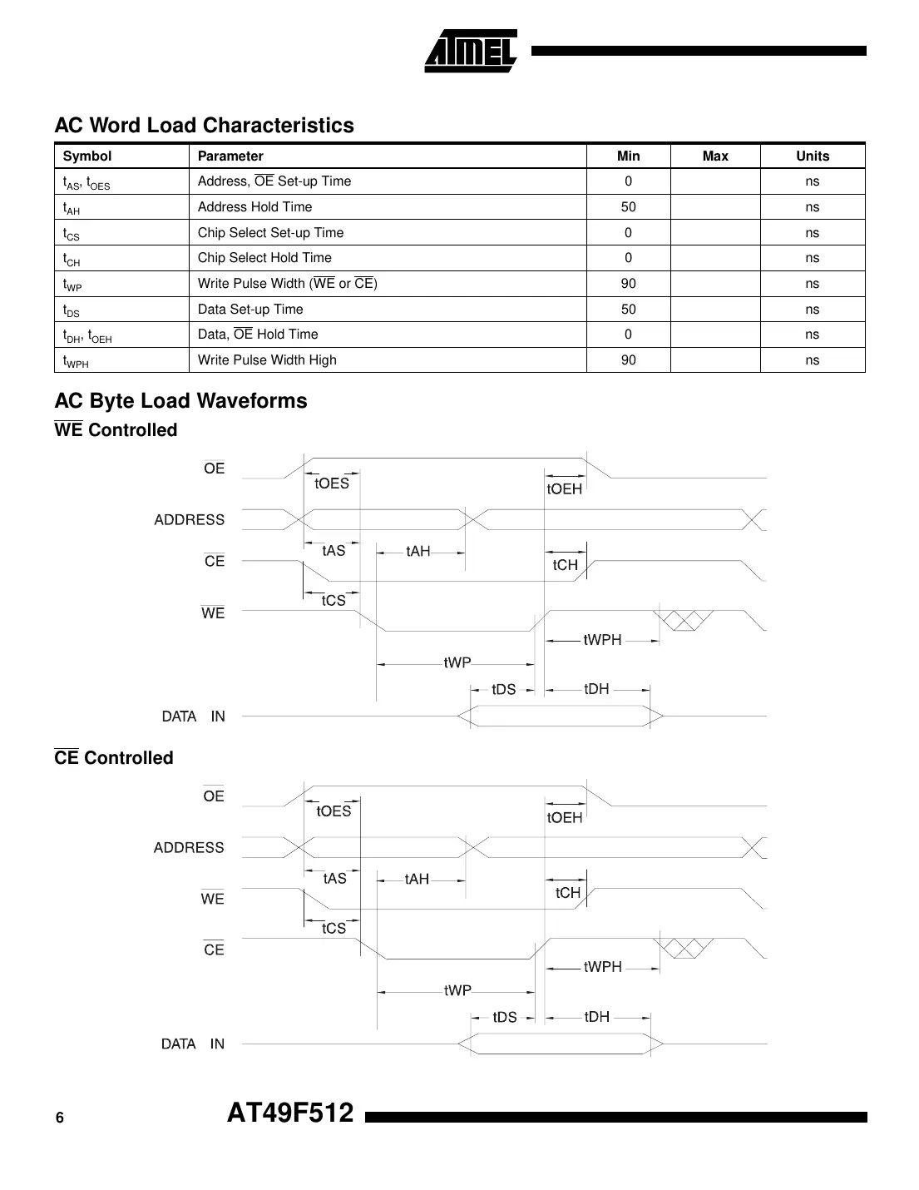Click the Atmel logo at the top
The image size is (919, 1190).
point(471,51)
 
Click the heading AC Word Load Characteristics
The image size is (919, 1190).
point(204,126)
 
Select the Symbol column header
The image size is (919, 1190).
point(86,156)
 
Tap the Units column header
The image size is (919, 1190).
point(812,156)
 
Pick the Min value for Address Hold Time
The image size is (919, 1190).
point(628,207)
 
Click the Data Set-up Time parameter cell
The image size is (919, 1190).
point(250,310)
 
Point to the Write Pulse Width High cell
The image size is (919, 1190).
point(267,360)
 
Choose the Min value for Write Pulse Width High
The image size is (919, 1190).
point(628,360)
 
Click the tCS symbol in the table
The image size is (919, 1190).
point(72,234)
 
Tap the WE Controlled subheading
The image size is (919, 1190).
point(116,430)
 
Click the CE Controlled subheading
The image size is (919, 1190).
point(114,758)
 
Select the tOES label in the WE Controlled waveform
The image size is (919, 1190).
point(332,484)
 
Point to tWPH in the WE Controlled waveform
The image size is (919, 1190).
point(602,640)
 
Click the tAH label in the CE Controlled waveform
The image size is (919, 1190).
point(417,879)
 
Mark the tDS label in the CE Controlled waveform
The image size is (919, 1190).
point(504,1017)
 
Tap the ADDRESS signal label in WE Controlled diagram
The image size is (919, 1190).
point(189,520)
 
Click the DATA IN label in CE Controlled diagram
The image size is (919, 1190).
point(193,1044)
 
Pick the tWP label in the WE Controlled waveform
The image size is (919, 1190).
point(457,663)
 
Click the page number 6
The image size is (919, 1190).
point(59,1118)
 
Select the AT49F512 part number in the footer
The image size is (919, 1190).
point(290,1113)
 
